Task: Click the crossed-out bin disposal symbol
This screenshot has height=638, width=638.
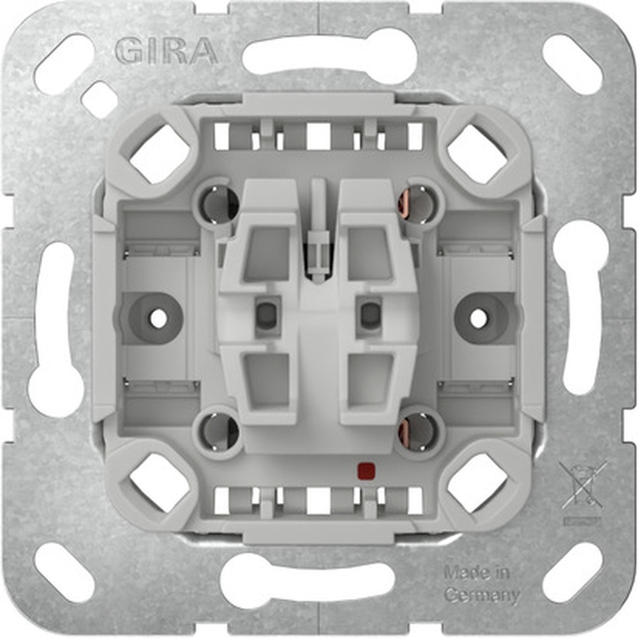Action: click(x=582, y=486)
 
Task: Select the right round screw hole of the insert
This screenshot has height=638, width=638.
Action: click(x=478, y=318)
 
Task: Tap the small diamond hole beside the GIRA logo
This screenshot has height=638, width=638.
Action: click(x=100, y=100)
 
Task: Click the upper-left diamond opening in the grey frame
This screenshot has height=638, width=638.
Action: click(x=159, y=154)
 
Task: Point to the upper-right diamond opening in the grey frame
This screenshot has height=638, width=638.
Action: click(x=477, y=154)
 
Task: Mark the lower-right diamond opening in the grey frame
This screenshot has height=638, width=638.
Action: click(x=477, y=483)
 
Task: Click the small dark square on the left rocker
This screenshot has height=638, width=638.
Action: click(x=265, y=314)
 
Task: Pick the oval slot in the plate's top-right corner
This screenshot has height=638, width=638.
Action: click(x=572, y=64)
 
